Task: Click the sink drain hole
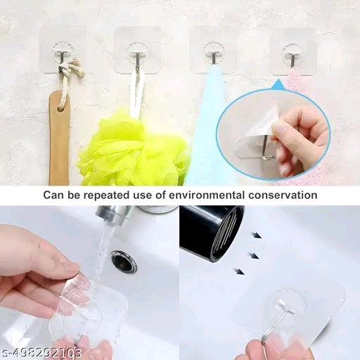pos(124,262)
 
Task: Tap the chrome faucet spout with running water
pos(112,216)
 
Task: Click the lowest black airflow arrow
pos(240,270)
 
